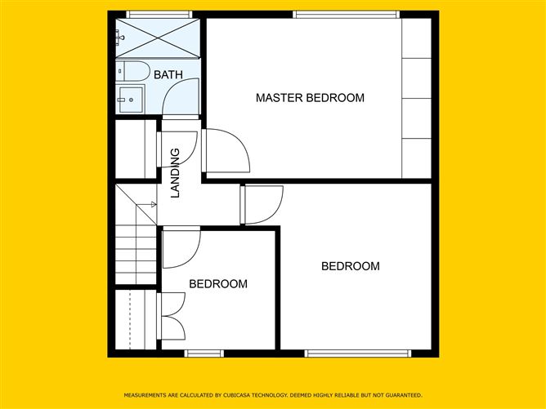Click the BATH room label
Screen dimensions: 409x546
[x=168, y=75]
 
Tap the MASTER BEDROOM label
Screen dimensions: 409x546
[x=310, y=98]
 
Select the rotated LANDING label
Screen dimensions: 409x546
[x=175, y=172]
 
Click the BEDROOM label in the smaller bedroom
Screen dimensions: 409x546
[x=218, y=284]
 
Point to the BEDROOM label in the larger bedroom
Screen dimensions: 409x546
[x=351, y=266]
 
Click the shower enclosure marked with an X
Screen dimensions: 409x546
[x=157, y=38]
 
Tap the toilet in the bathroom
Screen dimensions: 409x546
[x=132, y=71]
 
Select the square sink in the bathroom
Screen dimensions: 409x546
[x=130, y=100]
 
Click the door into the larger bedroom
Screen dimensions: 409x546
[x=263, y=204]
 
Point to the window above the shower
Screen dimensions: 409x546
[x=159, y=14]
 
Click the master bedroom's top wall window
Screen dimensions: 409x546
[x=347, y=14]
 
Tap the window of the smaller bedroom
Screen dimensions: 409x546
[x=204, y=353]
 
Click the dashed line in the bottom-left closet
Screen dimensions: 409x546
[x=130, y=321]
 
